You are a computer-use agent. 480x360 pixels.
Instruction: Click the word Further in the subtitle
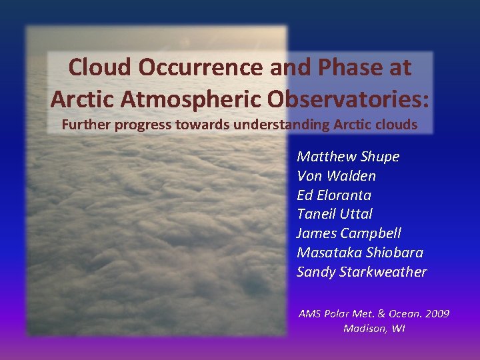click(x=85, y=124)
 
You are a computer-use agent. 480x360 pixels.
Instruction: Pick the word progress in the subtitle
click(x=145, y=125)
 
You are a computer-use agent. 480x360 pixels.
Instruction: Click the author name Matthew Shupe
click(x=348, y=157)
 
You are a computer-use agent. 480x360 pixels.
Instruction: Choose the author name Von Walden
click(x=336, y=176)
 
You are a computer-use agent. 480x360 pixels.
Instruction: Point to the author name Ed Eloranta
click(x=334, y=195)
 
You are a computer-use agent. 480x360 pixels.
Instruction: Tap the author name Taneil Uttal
click(x=335, y=214)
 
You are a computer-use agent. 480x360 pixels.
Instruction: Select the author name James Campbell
click(x=349, y=233)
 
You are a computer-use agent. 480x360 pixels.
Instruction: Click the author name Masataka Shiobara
click(x=360, y=253)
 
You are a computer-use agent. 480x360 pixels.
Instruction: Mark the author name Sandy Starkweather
click(x=361, y=272)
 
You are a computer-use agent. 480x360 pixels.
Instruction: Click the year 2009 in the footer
click(x=437, y=313)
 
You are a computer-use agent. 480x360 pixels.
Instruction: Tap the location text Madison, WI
click(x=374, y=328)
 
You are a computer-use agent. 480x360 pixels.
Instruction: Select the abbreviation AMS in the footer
click(x=310, y=313)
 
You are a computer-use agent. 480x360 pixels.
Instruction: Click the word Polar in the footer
click(x=339, y=313)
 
